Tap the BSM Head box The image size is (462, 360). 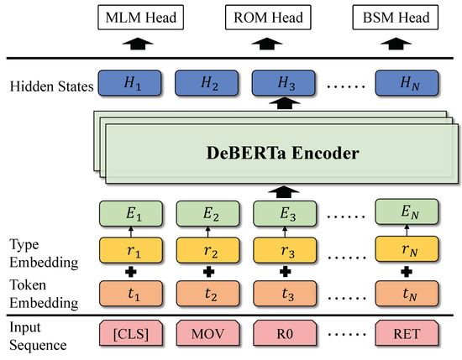tap(407, 16)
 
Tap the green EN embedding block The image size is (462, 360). tap(407, 214)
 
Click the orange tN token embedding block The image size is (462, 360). tap(407, 294)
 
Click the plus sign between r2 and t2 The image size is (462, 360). tap(207, 272)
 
